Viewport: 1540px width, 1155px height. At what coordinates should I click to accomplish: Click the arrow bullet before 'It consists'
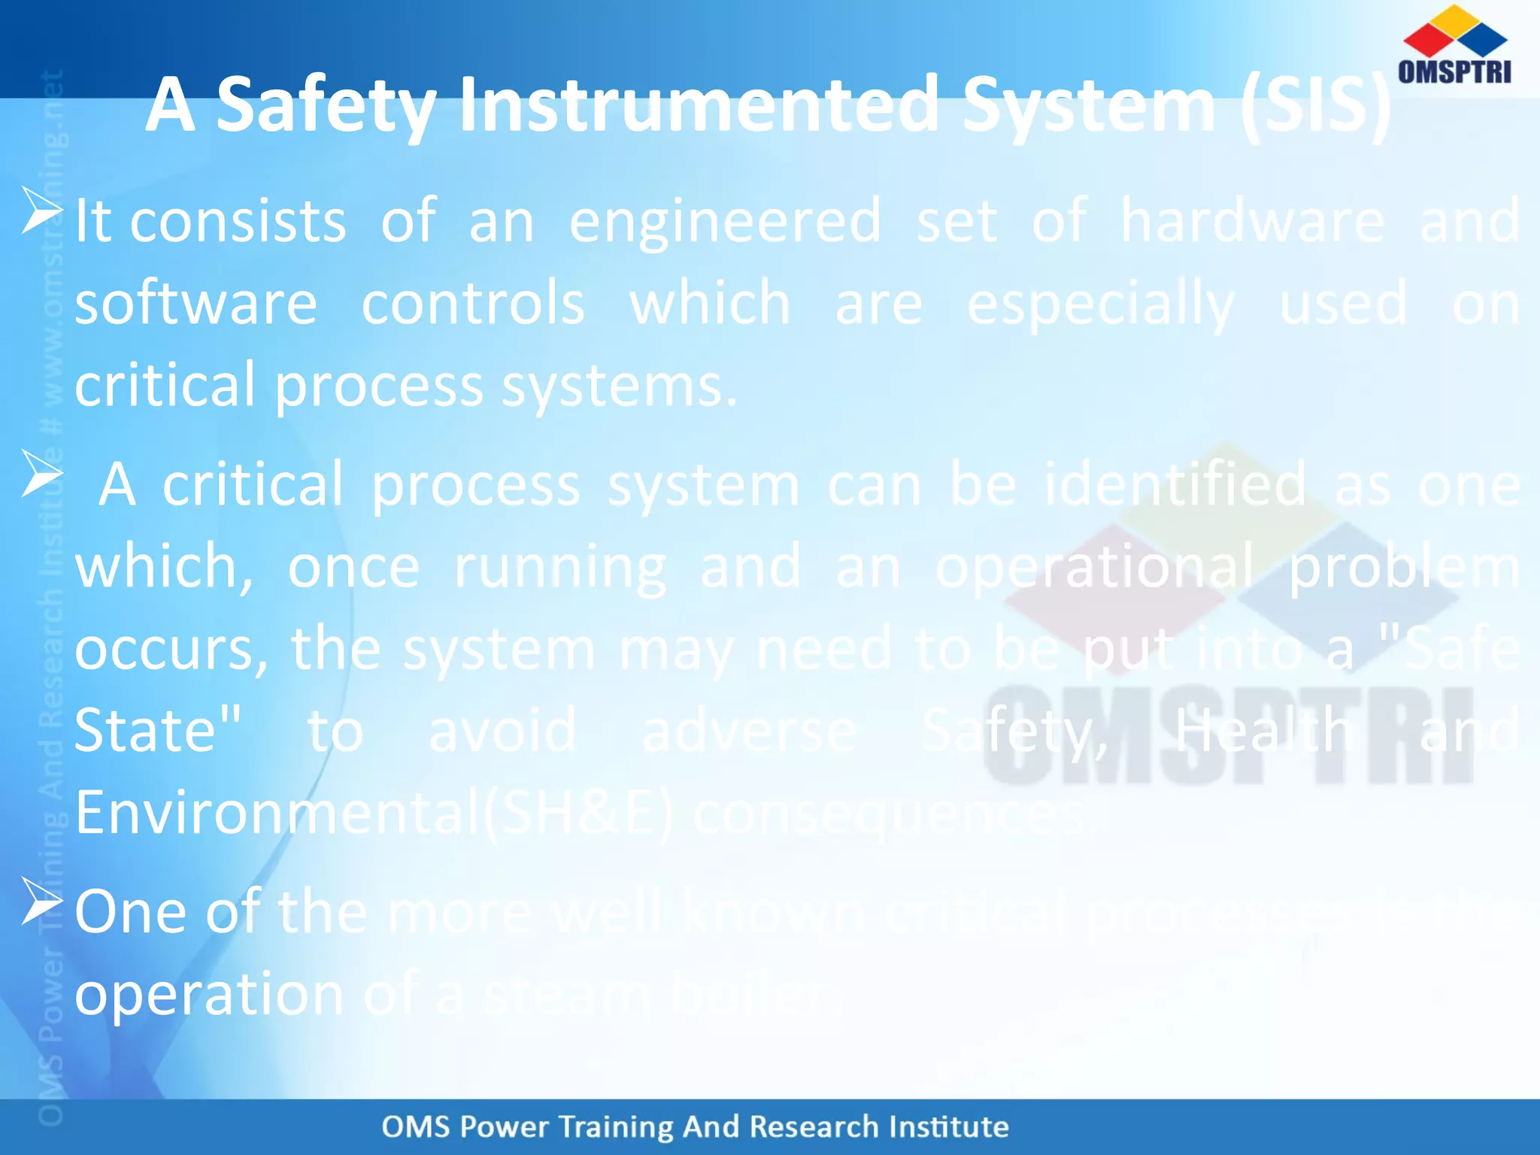[41, 211]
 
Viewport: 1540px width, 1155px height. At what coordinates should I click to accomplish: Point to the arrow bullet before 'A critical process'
[41, 474]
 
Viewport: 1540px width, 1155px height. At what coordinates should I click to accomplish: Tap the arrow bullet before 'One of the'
[41, 901]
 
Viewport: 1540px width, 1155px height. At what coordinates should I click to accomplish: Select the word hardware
[1252, 221]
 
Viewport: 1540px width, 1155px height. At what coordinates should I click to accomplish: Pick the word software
[196, 304]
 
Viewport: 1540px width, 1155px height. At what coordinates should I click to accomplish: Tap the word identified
[1175, 486]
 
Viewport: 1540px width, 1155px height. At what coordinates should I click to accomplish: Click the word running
[560, 568]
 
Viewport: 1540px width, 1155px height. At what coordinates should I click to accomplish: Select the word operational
[1094, 568]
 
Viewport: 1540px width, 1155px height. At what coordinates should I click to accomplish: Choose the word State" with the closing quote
[158, 731]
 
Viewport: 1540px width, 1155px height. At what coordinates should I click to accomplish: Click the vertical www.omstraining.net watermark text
[53, 248]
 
